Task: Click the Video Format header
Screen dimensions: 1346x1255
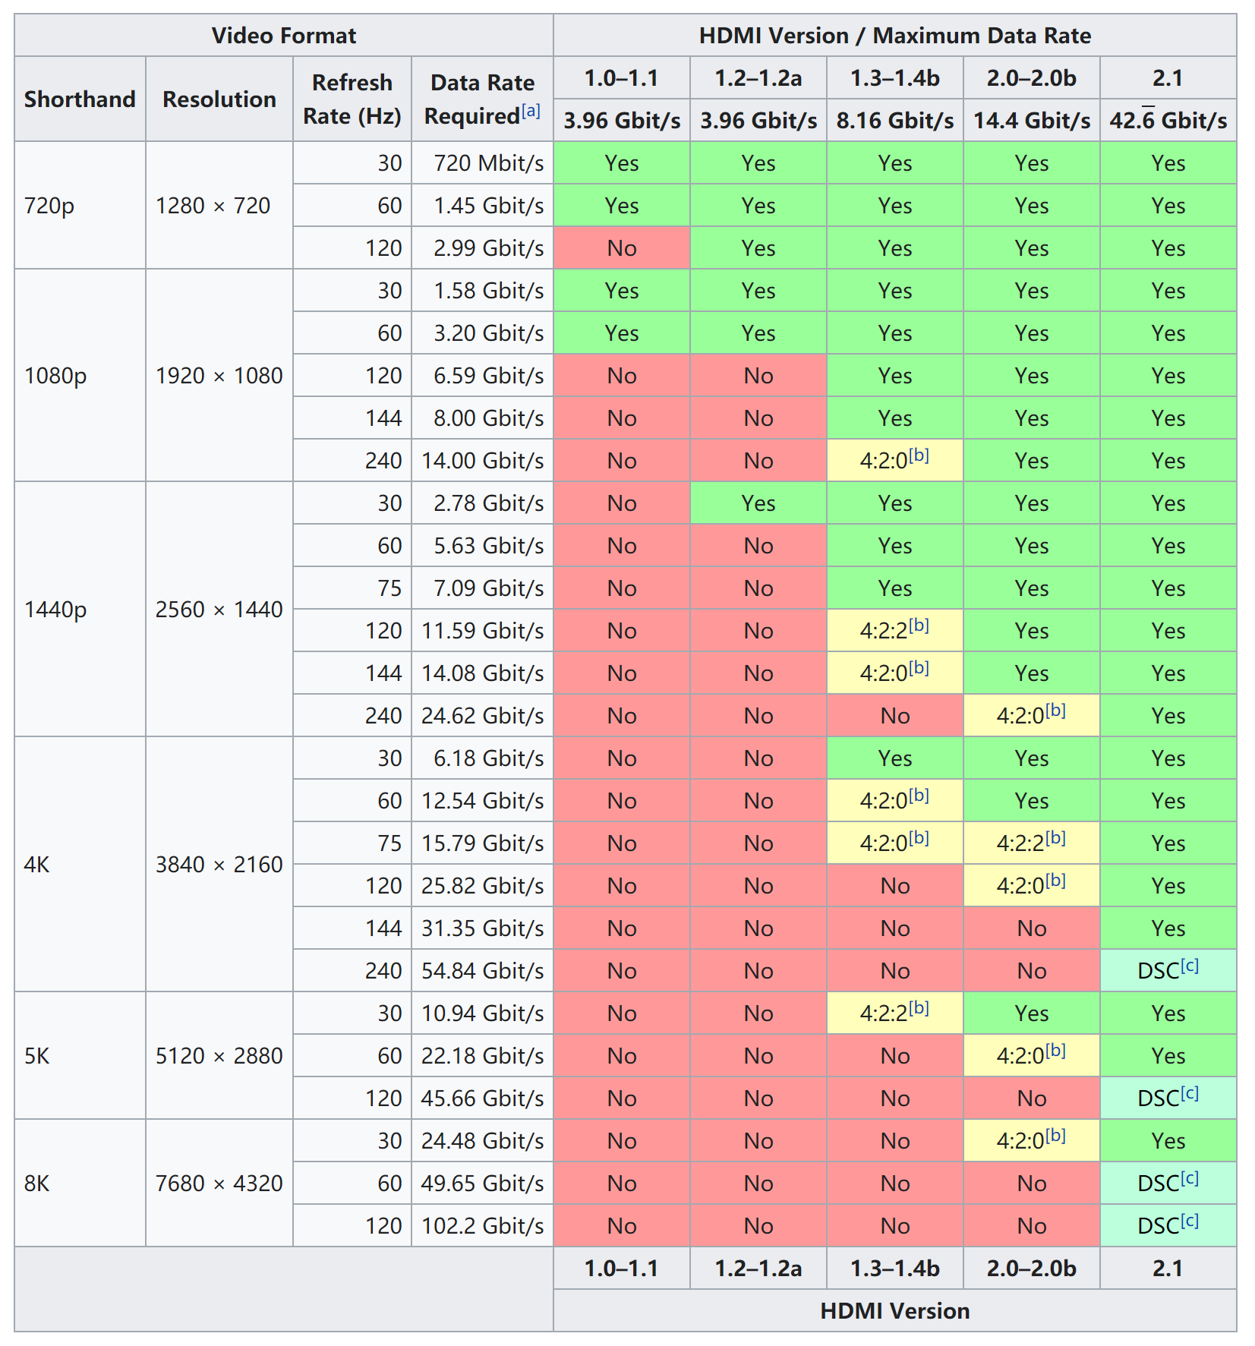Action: tap(283, 36)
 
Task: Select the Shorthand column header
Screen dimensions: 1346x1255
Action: tap(80, 99)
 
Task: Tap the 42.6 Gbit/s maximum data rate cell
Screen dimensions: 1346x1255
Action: tap(1168, 121)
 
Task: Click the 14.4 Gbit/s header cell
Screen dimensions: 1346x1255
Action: tap(1031, 121)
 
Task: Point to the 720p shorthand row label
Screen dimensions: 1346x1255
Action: tap(49, 206)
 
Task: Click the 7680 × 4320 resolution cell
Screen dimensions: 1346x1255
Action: tap(219, 1184)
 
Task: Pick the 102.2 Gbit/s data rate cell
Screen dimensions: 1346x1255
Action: tap(482, 1226)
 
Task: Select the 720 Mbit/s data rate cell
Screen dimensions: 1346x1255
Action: tap(488, 163)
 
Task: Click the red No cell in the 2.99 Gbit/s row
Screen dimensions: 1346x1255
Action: tap(621, 248)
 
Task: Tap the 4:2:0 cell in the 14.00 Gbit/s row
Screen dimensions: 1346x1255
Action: tap(894, 460)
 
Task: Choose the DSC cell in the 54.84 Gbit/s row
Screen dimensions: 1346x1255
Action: tap(1167, 970)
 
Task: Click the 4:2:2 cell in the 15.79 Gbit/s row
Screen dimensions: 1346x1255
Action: tap(1030, 843)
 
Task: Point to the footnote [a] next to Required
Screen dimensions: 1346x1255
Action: tap(531, 112)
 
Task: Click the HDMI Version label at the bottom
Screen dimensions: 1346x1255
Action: tap(894, 1311)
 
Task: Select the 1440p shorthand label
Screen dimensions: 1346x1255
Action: tap(55, 610)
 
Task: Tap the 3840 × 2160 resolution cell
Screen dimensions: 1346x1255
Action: tap(219, 865)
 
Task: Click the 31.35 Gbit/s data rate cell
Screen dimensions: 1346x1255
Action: tap(482, 928)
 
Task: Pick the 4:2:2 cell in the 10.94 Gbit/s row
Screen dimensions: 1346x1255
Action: tap(894, 1013)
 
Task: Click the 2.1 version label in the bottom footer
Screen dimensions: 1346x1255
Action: tap(1168, 1269)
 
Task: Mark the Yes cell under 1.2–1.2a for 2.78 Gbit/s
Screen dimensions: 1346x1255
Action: tap(758, 503)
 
